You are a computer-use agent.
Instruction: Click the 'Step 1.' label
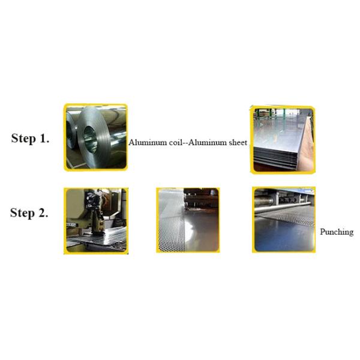(30, 139)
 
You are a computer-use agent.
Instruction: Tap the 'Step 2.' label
(29, 213)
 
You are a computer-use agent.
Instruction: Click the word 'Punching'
(337, 232)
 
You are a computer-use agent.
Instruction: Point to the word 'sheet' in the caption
(238, 142)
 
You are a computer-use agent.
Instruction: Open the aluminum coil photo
(96, 137)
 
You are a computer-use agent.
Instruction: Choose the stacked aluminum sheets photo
(283, 140)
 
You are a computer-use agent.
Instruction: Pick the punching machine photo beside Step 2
(96, 221)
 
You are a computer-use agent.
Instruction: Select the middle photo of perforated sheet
(188, 220)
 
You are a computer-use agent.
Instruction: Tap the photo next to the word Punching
(284, 220)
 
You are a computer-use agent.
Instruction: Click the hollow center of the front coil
(91, 140)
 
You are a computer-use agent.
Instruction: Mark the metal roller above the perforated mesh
(284, 206)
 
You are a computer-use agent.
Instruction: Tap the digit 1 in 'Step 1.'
(43, 139)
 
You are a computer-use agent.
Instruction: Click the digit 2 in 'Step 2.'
(41, 213)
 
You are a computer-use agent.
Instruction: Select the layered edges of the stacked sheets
(275, 158)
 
